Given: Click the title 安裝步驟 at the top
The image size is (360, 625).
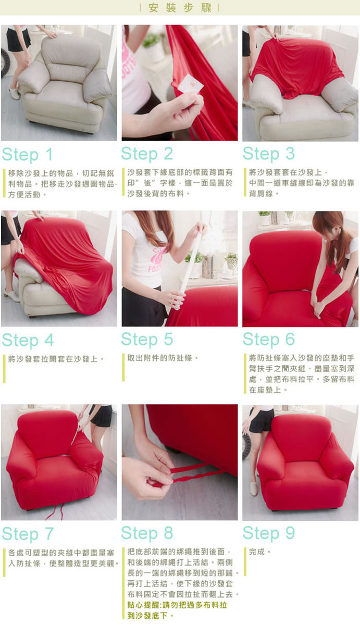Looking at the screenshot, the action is tap(180, 7).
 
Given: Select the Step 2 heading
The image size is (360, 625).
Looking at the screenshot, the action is tap(147, 154).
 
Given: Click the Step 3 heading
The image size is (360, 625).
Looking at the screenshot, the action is tap(268, 154).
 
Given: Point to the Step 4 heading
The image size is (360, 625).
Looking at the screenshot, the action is tap(28, 341).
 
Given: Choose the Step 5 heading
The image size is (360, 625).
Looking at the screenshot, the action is tap(147, 340).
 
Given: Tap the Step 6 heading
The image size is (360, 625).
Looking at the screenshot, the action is tap(268, 340).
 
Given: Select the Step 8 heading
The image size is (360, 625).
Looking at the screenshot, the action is tap(147, 533).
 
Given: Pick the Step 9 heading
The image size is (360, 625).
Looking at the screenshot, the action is tap(268, 533).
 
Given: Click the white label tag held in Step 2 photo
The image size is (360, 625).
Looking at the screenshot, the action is tap(190, 84).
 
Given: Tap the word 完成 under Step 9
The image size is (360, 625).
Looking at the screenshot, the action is tap(256, 552).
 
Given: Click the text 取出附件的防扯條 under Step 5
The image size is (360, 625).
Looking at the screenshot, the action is tap(159, 358).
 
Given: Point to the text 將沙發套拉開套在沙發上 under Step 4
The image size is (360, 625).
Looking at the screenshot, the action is tap(53, 359).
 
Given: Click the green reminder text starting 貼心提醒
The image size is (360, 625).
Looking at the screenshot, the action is tap(177, 610).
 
